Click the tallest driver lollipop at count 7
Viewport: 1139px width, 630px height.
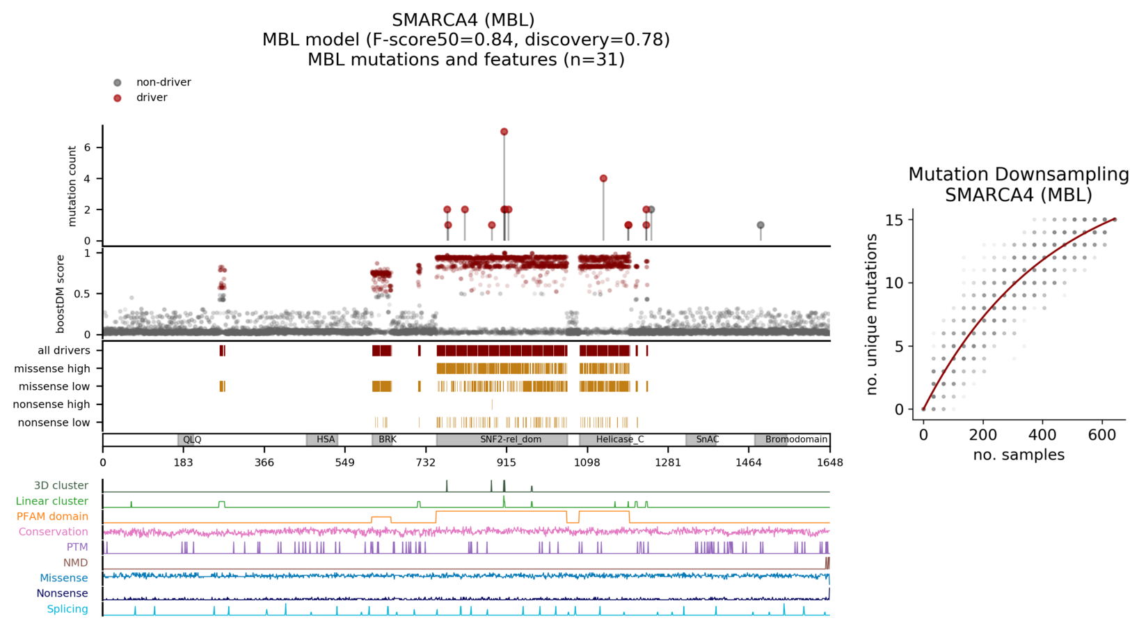tap(504, 132)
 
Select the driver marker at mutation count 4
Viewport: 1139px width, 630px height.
tap(603, 179)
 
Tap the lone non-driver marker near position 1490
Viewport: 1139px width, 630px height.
tap(760, 226)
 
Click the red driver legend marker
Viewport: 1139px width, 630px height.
tap(118, 98)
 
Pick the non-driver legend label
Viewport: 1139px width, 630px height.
tap(164, 82)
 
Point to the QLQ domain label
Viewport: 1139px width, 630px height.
tap(192, 440)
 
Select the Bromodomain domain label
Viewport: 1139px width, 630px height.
tap(796, 440)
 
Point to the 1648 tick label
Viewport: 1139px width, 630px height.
tap(829, 463)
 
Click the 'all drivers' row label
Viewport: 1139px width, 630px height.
tap(63, 351)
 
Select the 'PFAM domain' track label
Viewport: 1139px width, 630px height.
tap(52, 517)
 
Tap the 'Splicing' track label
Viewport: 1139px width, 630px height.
tap(67, 609)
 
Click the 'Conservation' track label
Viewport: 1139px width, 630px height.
tap(53, 532)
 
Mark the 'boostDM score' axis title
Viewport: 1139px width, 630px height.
tap(61, 293)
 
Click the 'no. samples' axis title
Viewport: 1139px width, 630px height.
tap(1019, 455)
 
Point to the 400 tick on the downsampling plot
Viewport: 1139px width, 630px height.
tap(1042, 435)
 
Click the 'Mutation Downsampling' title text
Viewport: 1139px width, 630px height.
tap(1019, 175)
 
